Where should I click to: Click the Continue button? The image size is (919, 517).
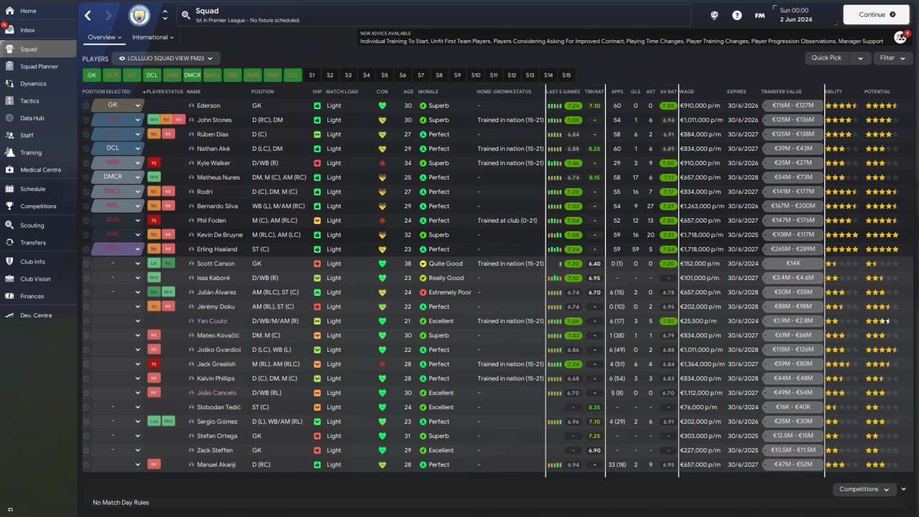[x=877, y=14]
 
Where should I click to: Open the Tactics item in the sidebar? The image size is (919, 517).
[x=29, y=101]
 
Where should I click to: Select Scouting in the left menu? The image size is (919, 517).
[x=32, y=225]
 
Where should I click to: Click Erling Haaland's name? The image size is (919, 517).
[x=218, y=249]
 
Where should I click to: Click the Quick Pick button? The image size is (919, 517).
[x=826, y=58]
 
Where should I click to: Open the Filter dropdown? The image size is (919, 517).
[x=892, y=58]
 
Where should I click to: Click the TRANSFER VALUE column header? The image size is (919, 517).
[x=781, y=92]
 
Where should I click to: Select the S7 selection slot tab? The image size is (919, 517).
[x=421, y=75]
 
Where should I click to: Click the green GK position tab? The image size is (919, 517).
[x=91, y=75]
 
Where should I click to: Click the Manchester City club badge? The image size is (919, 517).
[x=139, y=14]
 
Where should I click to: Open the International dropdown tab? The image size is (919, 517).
[x=153, y=37]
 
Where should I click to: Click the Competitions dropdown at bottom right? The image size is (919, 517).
[x=864, y=489]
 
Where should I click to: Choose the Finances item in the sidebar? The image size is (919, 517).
[x=32, y=296]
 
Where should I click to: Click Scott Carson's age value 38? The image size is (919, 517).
[x=408, y=264]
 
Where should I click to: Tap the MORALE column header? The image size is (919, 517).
[x=429, y=92]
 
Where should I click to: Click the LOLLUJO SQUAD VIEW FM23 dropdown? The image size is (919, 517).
[x=169, y=58]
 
